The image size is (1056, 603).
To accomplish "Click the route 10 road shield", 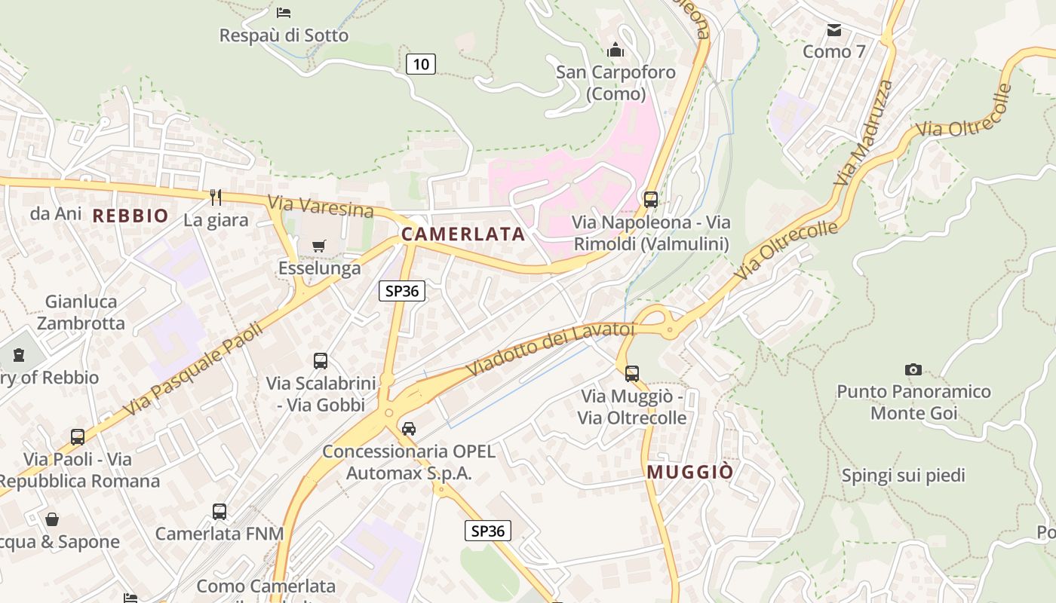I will pos(421,64).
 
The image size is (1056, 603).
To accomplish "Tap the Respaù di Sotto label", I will pos(284,35).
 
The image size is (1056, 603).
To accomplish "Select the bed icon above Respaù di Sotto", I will pos(284,12).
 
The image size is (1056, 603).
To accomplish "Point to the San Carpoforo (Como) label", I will pos(615,83).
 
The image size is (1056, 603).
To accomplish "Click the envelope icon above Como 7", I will pos(834,30).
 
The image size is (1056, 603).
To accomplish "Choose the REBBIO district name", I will pos(130,216).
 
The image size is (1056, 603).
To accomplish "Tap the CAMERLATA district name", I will pos(463,234).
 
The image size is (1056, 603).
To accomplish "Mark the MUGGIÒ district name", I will pos(690,473).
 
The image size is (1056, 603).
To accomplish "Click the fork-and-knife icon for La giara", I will pos(216,197).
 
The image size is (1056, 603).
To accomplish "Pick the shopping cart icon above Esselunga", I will pos(319,246).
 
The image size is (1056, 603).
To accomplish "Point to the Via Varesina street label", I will pos(321,205).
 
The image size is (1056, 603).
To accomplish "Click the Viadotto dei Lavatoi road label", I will pos(551,350).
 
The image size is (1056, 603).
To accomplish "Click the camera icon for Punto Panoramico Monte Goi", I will pos(913,369).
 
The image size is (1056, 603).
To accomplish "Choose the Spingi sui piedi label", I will pos(903,476).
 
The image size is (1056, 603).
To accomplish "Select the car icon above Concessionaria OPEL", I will pos(409,428).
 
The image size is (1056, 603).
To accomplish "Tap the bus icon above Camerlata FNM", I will pos(219,511).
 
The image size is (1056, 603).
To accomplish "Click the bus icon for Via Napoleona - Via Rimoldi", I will pos(651,200).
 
